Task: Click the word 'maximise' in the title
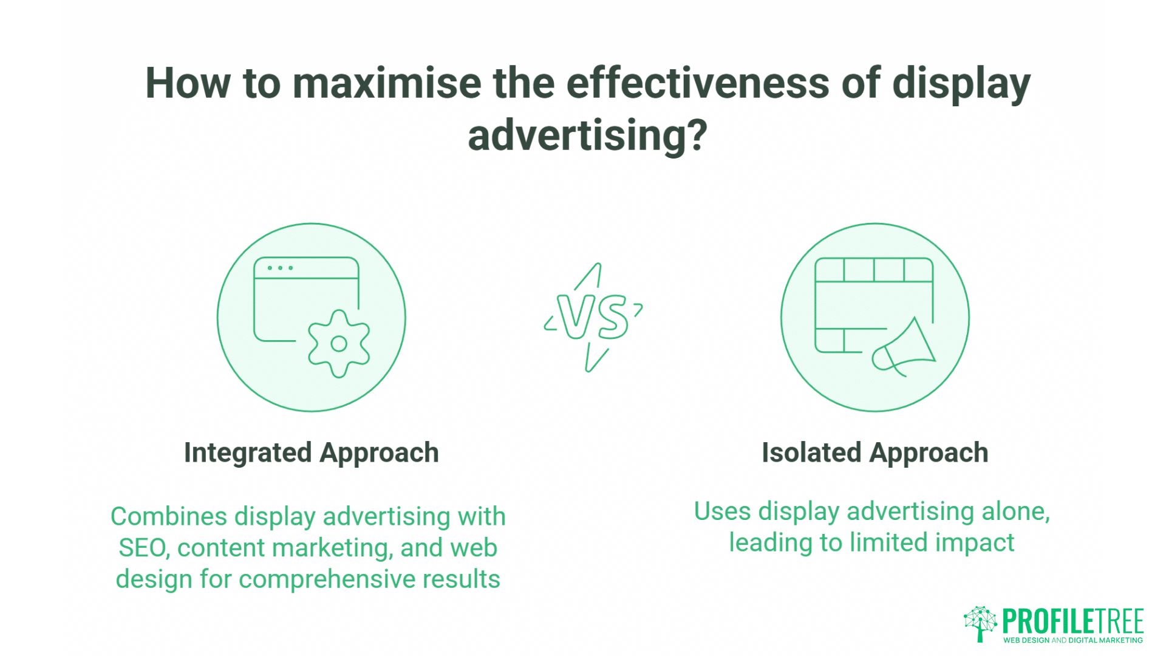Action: click(x=387, y=83)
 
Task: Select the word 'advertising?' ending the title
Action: click(x=587, y=135)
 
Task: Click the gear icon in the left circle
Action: click(x=339, y=344)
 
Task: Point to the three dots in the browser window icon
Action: click(x=280, y=268)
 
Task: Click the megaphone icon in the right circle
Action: click(x=904, y=349)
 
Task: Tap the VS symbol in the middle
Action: click(x=593, y=317)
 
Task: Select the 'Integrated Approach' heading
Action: click(x=311, y=453)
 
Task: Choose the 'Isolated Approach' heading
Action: click(x=874, y=453)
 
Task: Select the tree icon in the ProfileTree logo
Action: click(x=980, y=623)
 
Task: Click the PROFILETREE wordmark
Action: click(x=1072, y=621)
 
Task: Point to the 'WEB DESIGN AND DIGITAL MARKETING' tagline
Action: click(x=1072, y=640)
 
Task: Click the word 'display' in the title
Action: click(x=961, y=83)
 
